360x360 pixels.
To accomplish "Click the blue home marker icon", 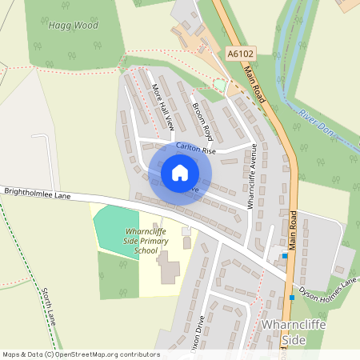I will coord(180,173).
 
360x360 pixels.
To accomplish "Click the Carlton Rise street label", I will coord(196,150).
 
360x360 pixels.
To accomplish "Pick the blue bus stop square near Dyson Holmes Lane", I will coord(286,256).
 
